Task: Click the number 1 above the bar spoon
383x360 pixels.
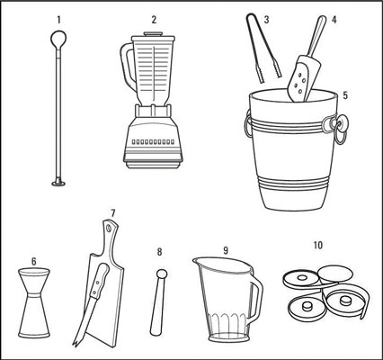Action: (58, 20)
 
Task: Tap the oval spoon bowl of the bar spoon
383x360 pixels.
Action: (58, 39)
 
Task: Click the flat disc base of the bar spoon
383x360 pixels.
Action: (58, 183)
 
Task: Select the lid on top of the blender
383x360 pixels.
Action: (153, 36)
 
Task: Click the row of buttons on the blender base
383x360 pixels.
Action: (153, 141)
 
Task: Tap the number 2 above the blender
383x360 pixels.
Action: (154, 20)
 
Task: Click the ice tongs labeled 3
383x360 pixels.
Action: (263, 48)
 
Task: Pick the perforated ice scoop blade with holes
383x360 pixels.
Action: (300, 78)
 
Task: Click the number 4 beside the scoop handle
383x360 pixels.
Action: (334, 20)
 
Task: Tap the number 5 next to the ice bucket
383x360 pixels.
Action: (345, 95)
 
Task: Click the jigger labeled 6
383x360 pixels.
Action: (34, 303)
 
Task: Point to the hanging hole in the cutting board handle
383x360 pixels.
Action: (109, 228)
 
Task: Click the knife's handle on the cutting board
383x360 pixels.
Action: (99, 280)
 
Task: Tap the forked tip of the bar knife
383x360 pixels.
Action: (75, 343)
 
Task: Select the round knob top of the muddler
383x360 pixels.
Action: (162, 274)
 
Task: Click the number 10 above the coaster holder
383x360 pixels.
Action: (318, 246)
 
